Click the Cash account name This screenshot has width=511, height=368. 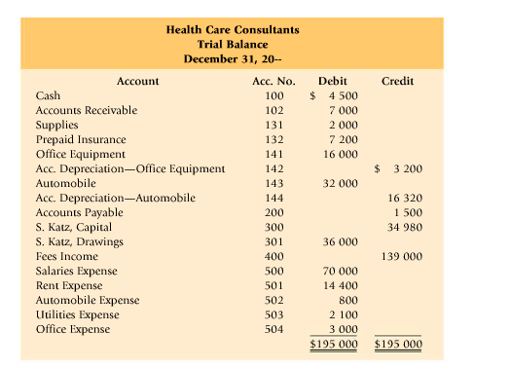point(48,95)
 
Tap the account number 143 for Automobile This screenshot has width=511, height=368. point(274,183)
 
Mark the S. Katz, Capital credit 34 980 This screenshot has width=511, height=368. point(404,227)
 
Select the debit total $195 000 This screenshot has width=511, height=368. point(333,344)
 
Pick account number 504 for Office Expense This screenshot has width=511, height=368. point(274,329)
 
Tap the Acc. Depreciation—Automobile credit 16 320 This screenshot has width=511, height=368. point(404,198)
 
